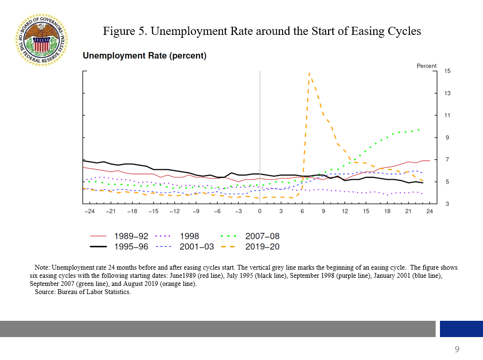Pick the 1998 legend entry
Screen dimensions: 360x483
tap(189, 236)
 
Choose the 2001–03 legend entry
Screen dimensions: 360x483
tap(197, 247)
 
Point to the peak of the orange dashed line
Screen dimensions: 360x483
tap(309, 74)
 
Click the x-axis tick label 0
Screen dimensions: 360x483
tap(260, 211)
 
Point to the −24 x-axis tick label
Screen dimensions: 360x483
tap(89, 211)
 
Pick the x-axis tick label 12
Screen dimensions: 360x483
tap(345, 211)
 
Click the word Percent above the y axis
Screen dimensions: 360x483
tap(427, 66)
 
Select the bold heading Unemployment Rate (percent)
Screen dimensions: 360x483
tap(144, 56)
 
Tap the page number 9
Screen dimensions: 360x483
tap(457, 349)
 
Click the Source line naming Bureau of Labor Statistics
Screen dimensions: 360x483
tap(82, 292)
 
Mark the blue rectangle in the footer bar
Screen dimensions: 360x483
tap(461, 329)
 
